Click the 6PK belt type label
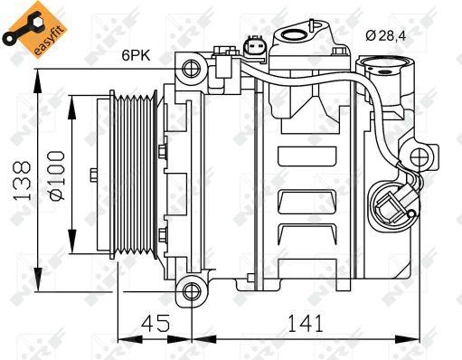pos(136,55)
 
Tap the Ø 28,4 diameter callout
pos(386,36)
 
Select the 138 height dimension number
pos(22,181)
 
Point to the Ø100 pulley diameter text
pos(57,175)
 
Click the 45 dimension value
pos(156,323)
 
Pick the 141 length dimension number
pos(306,323)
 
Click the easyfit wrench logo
pos(33,29)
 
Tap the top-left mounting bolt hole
pos(192,69)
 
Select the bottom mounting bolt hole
pos(192,291)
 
